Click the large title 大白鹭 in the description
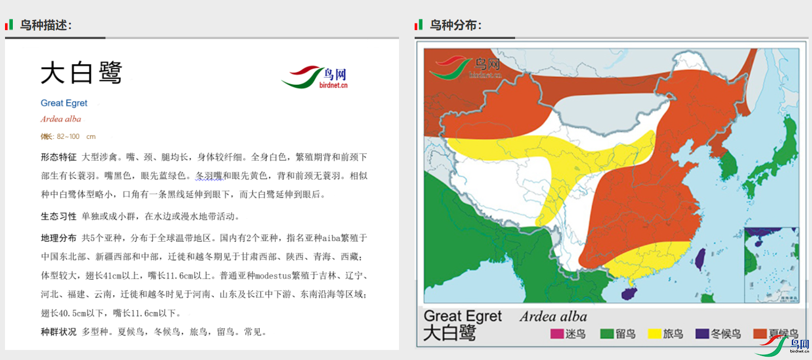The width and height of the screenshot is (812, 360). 81,73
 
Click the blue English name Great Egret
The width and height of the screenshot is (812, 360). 64,103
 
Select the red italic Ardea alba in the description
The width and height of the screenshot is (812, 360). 61,119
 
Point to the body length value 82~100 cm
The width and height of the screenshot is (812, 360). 76,136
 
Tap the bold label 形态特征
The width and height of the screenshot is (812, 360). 59,157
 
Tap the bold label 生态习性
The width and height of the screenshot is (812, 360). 59,217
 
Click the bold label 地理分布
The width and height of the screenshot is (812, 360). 59,238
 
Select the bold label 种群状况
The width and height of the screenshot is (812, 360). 59,332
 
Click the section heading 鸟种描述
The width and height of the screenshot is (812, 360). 46,25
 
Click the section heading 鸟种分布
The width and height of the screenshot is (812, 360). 455,25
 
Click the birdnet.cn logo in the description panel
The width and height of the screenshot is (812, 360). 315,77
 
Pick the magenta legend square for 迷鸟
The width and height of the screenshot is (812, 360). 557,334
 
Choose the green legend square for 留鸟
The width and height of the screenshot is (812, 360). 607,334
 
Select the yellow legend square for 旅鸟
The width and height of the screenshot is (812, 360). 654,334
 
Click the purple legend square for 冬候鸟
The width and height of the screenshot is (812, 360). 702,334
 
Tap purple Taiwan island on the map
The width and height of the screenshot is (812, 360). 700,259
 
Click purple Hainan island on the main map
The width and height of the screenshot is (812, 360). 630,293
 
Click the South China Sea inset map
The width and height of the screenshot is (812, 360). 771,265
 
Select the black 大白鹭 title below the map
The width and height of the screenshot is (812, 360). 449,333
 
